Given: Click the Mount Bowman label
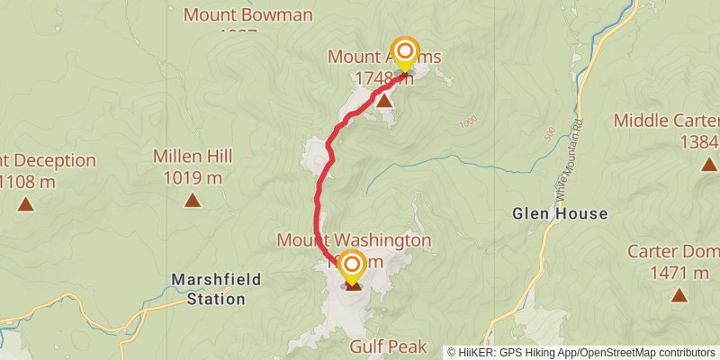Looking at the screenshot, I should [x=247, y=14].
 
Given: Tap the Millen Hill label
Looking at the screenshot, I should [x=193, y=157].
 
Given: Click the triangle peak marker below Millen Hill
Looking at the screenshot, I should [x=193, y=200].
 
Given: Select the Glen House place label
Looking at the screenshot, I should [x=560, y=214].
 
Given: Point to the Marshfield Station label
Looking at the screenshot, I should [x=216, y=289].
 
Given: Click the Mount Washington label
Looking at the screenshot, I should [x=354, y=240].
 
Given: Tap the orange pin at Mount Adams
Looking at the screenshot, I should [x=405, y=51].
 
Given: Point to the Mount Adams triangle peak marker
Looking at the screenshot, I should [x=384, y=100].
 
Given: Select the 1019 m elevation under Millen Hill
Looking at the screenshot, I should [x=193, y=177].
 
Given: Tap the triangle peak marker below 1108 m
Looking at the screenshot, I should [x=26, y=204].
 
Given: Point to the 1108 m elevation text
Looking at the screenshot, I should [x=27, y=182].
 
